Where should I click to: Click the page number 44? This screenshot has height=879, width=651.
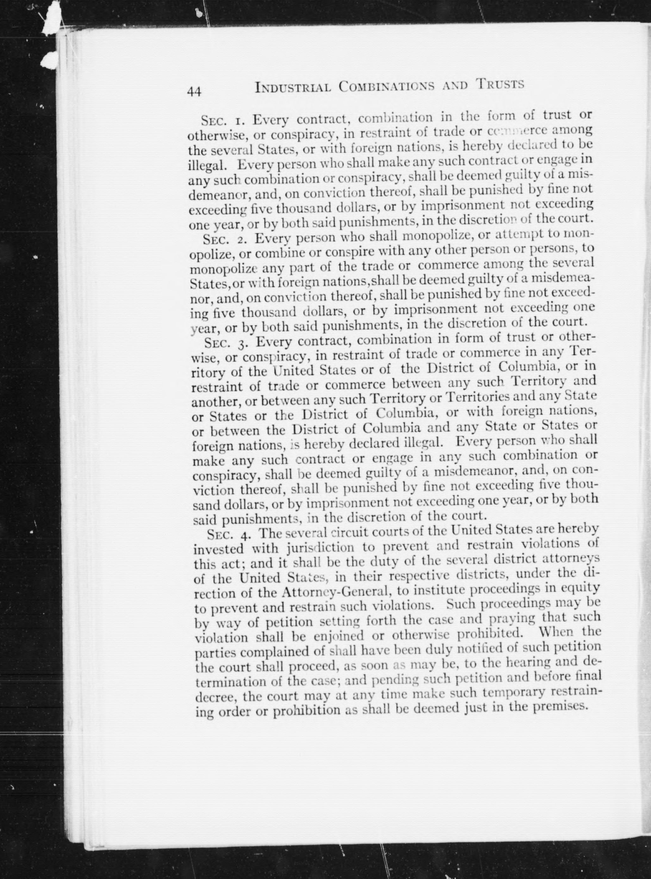pos(194,91)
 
